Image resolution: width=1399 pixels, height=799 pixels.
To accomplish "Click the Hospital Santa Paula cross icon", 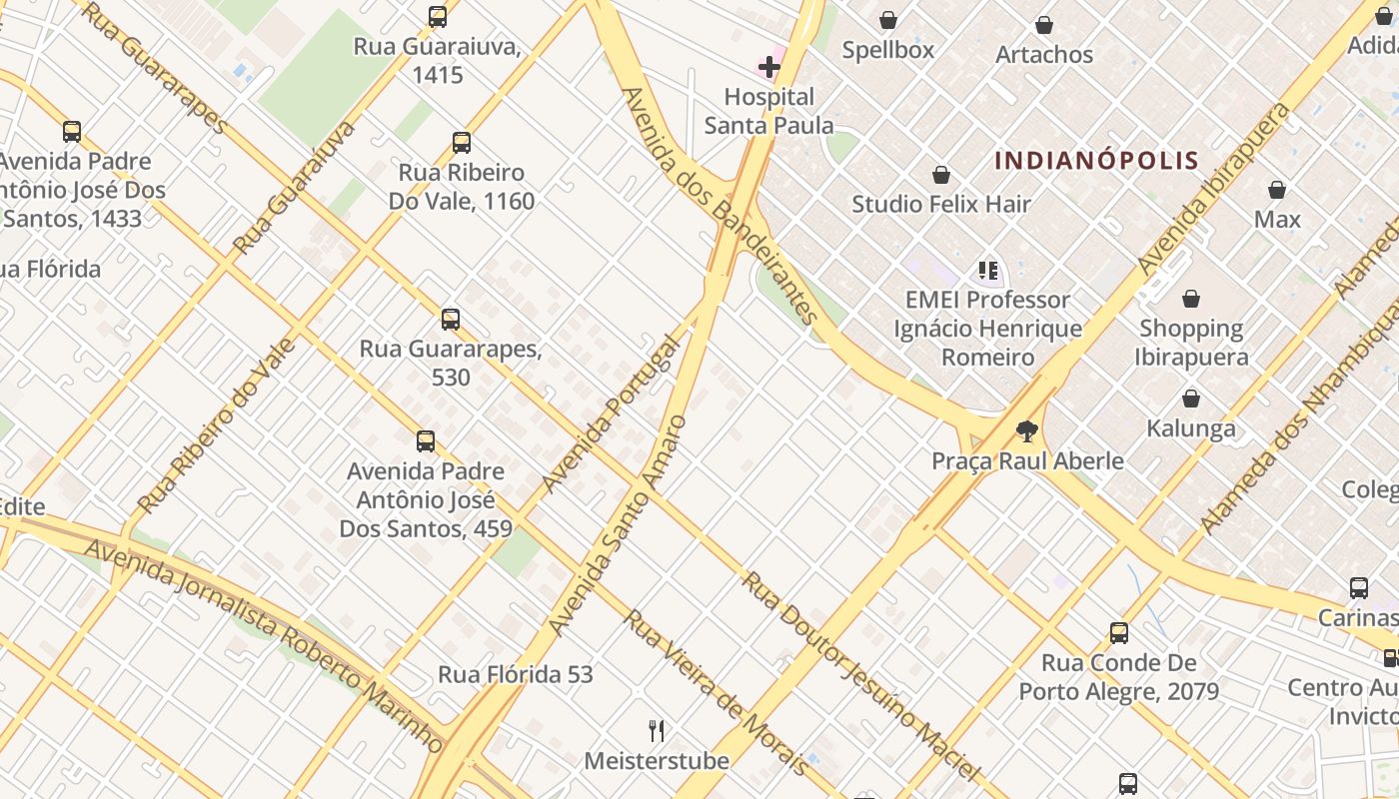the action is tap(768, 67).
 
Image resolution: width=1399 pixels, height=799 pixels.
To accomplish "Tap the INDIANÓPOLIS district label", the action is tap(1096, 160).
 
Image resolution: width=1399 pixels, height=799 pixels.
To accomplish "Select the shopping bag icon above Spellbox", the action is tap(887, 20).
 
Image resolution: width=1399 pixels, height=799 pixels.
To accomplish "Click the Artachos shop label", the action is tap(1044, 54).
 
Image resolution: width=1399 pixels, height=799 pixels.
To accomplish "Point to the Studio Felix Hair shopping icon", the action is tap(940, 176).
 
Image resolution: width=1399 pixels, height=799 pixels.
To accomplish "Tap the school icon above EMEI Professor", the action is tap(987, 270).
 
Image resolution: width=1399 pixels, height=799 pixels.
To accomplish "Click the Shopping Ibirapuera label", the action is tap(1191, 342).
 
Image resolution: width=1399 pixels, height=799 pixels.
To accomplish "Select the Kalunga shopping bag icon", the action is tap(1190, 399).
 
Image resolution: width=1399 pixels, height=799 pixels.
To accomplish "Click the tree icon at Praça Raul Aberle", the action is tap(1026, 431).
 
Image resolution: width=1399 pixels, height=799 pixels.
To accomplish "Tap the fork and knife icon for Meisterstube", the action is tap(657, 731).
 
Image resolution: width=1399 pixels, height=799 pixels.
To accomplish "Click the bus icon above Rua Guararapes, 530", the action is tap(451, 320).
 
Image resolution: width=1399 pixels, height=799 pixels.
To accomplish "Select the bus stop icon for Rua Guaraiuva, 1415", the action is tap(438, 17).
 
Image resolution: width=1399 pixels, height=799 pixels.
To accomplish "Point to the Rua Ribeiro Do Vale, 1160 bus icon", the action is tap(461, 143).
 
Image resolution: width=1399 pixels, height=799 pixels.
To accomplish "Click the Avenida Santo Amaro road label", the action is tap(618, 525).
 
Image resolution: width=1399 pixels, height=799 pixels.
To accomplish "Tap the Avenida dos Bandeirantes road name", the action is tap(718, 205).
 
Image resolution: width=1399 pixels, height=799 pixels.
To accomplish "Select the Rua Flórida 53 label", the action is tap(515, 674).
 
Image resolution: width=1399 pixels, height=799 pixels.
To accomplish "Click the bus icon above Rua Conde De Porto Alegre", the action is tap(1118, 632).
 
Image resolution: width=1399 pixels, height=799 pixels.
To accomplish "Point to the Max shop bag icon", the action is tap(1276, 190).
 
